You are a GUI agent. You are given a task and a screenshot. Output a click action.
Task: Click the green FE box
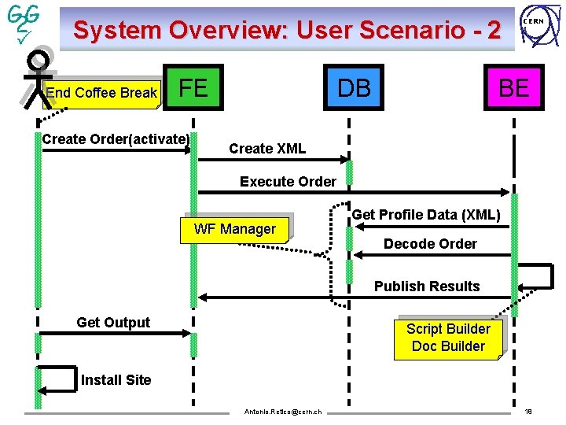193,88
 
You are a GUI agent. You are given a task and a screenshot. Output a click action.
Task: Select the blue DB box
354,88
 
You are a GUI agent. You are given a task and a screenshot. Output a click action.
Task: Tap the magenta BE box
513,88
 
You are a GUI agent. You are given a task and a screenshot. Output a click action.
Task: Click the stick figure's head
36,61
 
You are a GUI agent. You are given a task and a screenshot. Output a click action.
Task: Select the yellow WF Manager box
235,229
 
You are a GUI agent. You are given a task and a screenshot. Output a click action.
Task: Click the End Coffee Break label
101,93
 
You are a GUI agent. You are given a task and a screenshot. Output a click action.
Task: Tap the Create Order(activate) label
116,139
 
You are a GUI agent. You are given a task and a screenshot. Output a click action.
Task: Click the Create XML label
267,149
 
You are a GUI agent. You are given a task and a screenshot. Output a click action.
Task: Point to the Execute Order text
288,182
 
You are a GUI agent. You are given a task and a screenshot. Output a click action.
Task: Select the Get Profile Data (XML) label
426,215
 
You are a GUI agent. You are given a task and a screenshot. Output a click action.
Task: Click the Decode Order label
430,244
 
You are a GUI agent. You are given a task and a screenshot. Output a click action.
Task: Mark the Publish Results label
427,286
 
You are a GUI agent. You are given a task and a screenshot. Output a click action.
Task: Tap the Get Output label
113,323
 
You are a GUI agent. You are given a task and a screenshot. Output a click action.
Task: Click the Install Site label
116,380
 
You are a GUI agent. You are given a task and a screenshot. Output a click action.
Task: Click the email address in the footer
283,412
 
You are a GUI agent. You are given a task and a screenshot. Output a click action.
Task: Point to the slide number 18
528,412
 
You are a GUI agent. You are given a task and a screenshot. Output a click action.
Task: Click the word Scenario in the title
408,30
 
